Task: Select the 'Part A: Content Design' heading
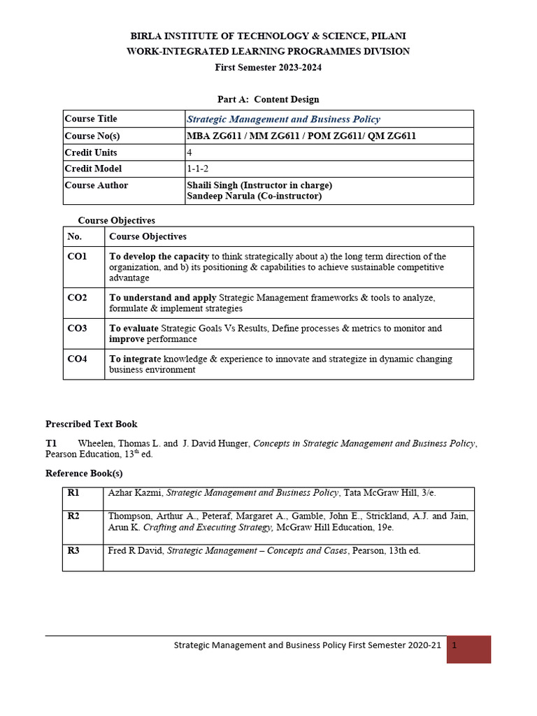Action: (x=268, y=99)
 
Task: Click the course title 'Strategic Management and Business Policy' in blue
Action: (x=284, y=119)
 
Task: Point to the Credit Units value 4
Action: (x=189, y=152)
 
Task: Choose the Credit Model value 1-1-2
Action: (x=198, y=169)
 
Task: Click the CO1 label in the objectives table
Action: (x=77, y=257)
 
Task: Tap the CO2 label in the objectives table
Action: (x=77, y=298)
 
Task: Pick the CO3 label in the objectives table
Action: (x=77, y=328)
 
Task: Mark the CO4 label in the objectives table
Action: (x=77, y=359)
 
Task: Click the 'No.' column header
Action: (x=75, y=236)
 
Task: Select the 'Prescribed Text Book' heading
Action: (x=92, y=424)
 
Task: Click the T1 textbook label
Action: (x=51, y=443)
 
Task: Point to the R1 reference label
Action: (x=73, y=493)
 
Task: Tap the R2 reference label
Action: (x=73, y=516)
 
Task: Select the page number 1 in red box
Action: (x=455, y=646)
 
